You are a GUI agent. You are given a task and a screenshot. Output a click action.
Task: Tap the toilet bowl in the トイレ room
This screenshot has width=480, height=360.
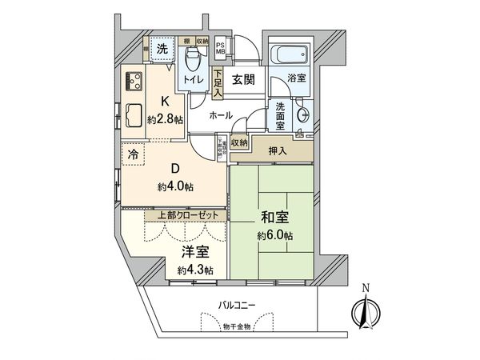192,60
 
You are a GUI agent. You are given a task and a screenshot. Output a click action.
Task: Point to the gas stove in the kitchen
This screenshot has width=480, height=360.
132,81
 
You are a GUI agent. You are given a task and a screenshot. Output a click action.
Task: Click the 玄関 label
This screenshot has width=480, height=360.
243,79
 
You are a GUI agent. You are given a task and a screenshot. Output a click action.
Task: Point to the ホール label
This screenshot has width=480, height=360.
221,115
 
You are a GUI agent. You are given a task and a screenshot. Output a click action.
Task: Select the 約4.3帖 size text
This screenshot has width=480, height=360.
194,270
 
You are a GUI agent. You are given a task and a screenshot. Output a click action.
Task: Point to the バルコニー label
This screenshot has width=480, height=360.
239,305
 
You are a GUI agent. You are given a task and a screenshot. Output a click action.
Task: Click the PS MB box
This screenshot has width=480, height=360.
221,49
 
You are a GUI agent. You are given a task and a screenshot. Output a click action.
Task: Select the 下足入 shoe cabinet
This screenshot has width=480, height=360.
217,82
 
